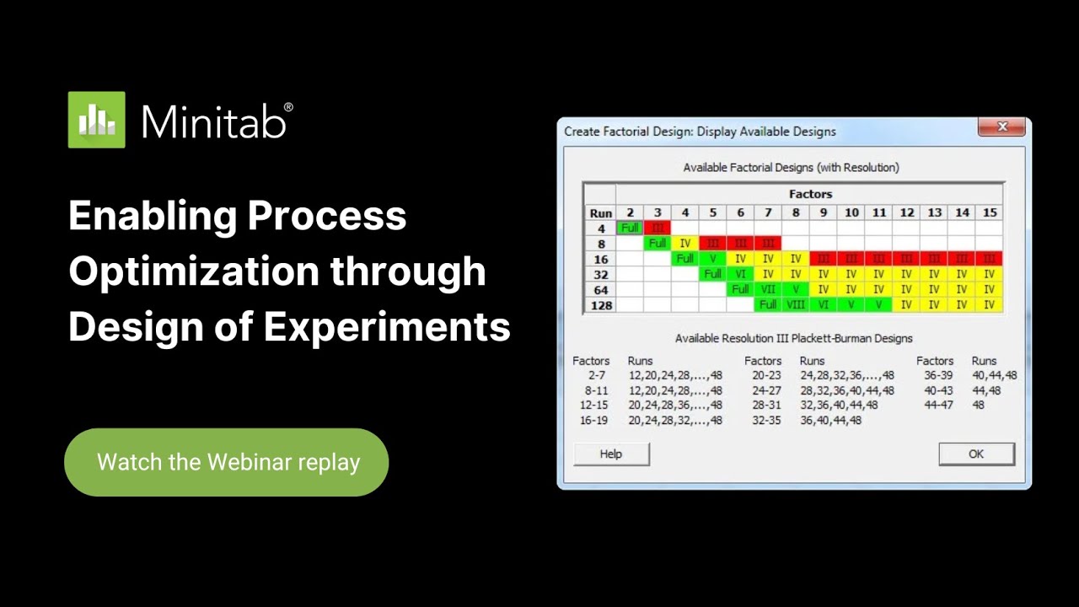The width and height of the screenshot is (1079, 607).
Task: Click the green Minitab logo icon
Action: [96, 120]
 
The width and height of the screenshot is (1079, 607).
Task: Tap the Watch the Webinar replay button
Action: [227, 462]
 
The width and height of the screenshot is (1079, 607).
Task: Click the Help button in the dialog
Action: [611, 454]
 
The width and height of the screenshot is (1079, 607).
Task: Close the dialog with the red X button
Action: [1002, 126]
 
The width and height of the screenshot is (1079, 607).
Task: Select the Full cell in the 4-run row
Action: [629, 228]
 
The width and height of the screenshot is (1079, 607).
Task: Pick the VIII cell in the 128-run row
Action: [795, 304]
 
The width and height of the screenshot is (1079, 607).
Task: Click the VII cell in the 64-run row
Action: [768, 289]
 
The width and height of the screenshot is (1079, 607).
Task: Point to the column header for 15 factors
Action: [990, 212]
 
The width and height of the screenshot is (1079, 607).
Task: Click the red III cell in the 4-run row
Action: [657, 228]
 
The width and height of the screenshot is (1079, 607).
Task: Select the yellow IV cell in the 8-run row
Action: [684, 243]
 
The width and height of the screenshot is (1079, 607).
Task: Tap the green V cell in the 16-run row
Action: [712, 259]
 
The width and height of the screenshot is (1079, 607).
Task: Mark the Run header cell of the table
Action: [599, 212]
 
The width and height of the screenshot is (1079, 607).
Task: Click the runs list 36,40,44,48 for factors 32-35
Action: [830, 420]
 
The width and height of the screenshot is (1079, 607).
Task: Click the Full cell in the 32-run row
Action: [712, 274]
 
